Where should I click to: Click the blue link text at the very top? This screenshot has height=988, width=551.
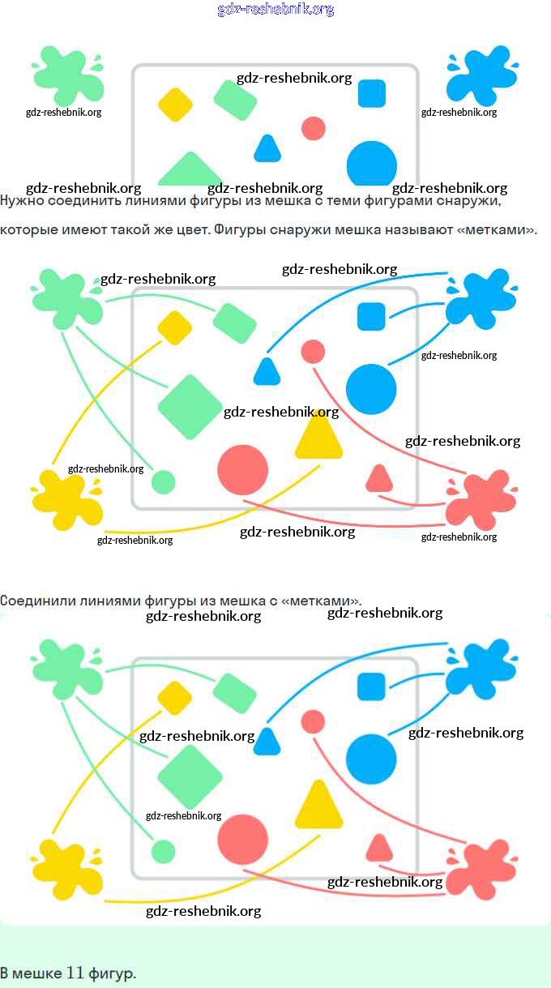[x=275, y=10]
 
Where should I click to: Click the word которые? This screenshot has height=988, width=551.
[x=28, y=230]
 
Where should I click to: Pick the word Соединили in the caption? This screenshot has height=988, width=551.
[x=35, y=601]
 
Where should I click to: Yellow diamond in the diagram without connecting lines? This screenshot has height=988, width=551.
[x=175, y=104]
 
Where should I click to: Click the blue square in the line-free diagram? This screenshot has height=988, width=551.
[x=372, y=93]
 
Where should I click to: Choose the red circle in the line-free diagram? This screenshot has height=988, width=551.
[x=314, y=128]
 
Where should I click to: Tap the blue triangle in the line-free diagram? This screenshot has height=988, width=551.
[x=267, y=149]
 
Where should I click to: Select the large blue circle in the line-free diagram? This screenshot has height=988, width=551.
[x=372, y=164]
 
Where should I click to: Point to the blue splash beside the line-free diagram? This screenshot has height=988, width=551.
[x=481, y=75]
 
